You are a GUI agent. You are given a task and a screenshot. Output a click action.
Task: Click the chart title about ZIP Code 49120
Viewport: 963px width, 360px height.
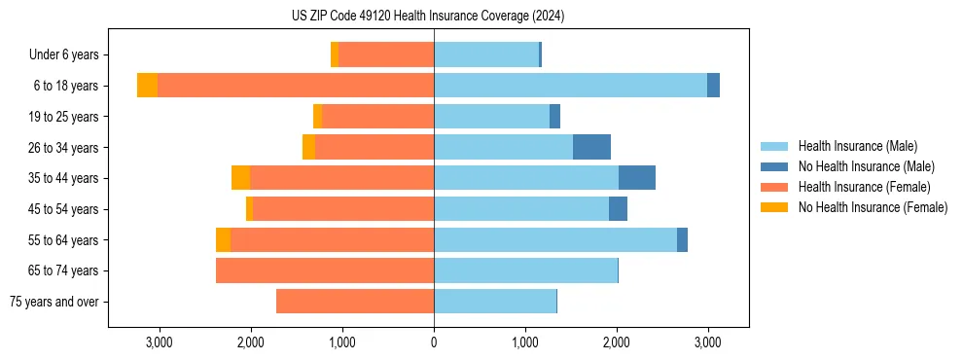click(427, 16)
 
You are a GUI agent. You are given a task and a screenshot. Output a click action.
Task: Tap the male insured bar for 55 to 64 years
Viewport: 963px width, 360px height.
click(554, 240)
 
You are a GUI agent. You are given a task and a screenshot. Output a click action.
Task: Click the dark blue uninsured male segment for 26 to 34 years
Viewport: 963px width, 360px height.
click(591, 147)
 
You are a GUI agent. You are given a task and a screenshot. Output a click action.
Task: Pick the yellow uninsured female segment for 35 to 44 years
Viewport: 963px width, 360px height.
click(240, 178)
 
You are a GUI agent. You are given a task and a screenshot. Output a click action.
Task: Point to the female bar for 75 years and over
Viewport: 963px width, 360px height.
click(355, 302)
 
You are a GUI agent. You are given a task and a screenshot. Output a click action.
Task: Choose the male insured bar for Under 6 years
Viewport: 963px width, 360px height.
click(486, 54)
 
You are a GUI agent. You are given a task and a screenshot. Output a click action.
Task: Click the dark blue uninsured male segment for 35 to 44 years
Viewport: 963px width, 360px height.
click(637, 178)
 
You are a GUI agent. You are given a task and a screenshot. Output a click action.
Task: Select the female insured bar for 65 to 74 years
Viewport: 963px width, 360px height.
click(325, 270)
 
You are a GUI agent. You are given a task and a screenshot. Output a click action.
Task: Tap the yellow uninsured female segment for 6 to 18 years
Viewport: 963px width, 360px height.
click(147, 86)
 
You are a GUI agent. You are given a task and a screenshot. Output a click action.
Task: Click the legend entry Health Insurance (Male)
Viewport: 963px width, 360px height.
click(856, 146)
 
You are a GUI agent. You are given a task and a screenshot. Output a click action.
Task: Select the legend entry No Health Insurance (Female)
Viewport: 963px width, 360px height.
click(873, 207)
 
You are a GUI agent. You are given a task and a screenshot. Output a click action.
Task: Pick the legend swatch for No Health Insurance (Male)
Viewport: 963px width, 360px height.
click(775, 166)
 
